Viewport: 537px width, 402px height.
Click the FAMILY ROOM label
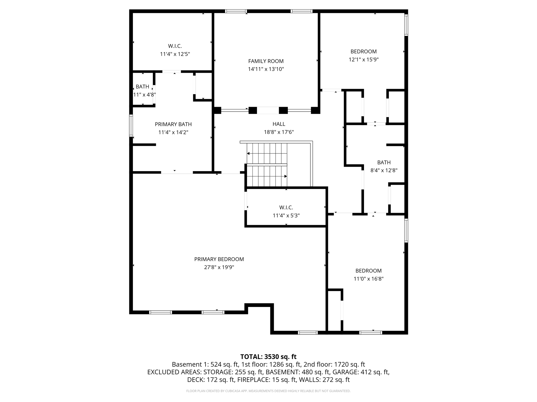click(266, 61)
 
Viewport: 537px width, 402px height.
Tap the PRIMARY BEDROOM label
click(219, 259)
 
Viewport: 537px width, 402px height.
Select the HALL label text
click(279, 124)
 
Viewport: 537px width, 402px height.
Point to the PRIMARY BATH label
click(173, 124)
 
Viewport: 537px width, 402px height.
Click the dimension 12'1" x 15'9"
click(363, 60)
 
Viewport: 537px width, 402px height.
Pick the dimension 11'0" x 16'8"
click(368, 279)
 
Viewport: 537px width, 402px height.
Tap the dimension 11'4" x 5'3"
click(286, 216)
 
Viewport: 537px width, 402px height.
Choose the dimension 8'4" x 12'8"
click(384, 170)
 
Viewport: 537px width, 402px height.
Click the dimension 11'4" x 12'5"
click(175, 54)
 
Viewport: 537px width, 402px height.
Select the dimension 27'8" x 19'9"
click(219, 267)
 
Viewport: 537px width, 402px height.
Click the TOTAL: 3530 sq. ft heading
click(268, 357)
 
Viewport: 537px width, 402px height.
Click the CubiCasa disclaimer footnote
click(268, 391)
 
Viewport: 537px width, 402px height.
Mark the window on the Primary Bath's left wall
click(131, 126)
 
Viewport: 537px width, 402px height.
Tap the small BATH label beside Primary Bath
click(142, 87)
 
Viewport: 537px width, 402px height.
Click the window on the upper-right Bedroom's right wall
click(406, 25)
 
